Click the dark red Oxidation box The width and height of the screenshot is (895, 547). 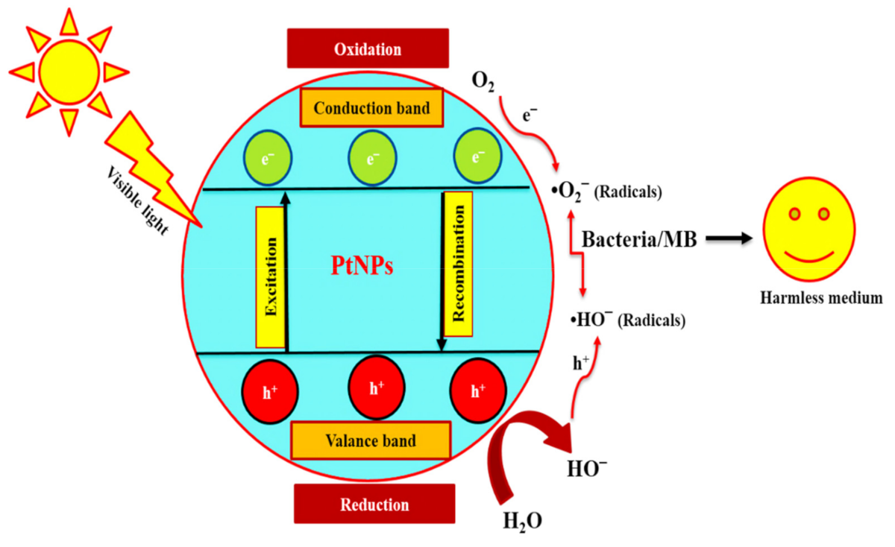tap(368, 49)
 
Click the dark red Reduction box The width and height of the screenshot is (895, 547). tap(374, 505)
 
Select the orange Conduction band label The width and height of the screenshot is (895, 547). tap(371, 108)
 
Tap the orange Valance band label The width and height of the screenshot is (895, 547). tap(371, 440)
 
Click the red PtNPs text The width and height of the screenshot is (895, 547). tap(362, 266)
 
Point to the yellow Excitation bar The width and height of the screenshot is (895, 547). tap(270, 277)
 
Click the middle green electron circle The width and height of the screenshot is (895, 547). tap(373, 158)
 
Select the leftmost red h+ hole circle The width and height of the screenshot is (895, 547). tap(270, 390)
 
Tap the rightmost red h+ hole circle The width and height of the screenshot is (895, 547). tap(478, 390)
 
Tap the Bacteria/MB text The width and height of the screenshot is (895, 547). tap(639, 240)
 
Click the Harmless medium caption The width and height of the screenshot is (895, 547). tap(821, 298)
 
